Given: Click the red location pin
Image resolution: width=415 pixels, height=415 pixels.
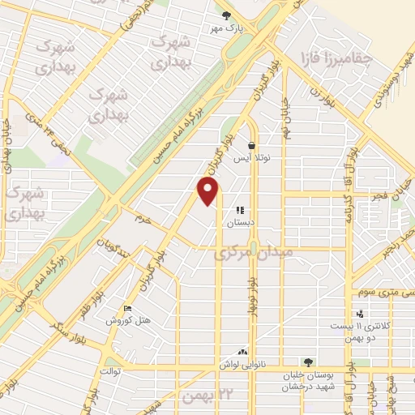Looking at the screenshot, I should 209,190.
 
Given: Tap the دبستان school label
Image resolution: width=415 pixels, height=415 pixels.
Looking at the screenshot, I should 240,222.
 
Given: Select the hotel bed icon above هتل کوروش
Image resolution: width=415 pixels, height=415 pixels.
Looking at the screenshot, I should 128,309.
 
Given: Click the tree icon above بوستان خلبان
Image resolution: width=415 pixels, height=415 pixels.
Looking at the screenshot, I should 307,362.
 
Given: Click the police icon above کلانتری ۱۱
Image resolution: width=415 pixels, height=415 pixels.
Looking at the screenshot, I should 360,314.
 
